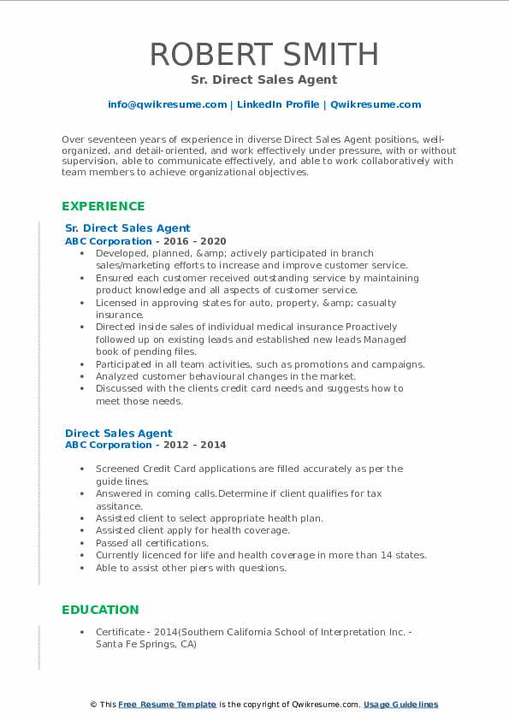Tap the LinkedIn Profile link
277,104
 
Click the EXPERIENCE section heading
103,206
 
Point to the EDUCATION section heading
100,610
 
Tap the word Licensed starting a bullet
117,303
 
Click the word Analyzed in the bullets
119,376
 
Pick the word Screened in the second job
119,469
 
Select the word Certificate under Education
121,631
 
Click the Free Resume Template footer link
167,705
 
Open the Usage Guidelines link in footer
400,705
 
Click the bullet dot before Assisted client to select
81,518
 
